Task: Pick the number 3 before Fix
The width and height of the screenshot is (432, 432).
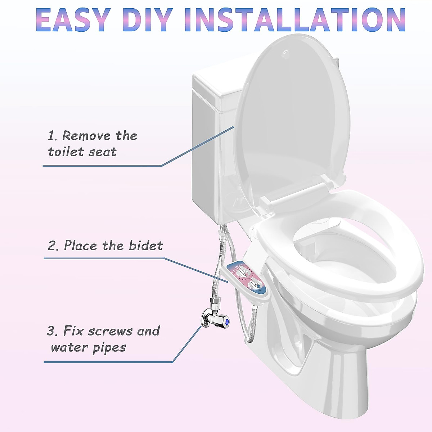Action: pyautogui.click(x=51, y=331)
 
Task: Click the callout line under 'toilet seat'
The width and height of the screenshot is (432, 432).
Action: pyautogui.click(x=103, y=166)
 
